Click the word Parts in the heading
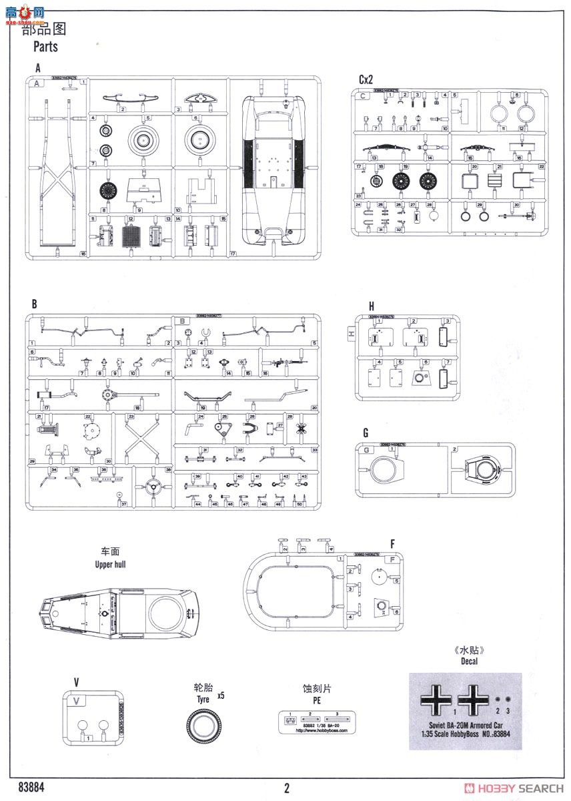click(x=45, y=47)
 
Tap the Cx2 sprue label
click(x=366, y=79)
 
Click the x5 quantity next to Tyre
click(x=221, y=696)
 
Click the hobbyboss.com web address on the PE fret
click(x=316, y=729)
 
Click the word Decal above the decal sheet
click(x=468, y=661)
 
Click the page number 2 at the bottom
click(x=287, y=788)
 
